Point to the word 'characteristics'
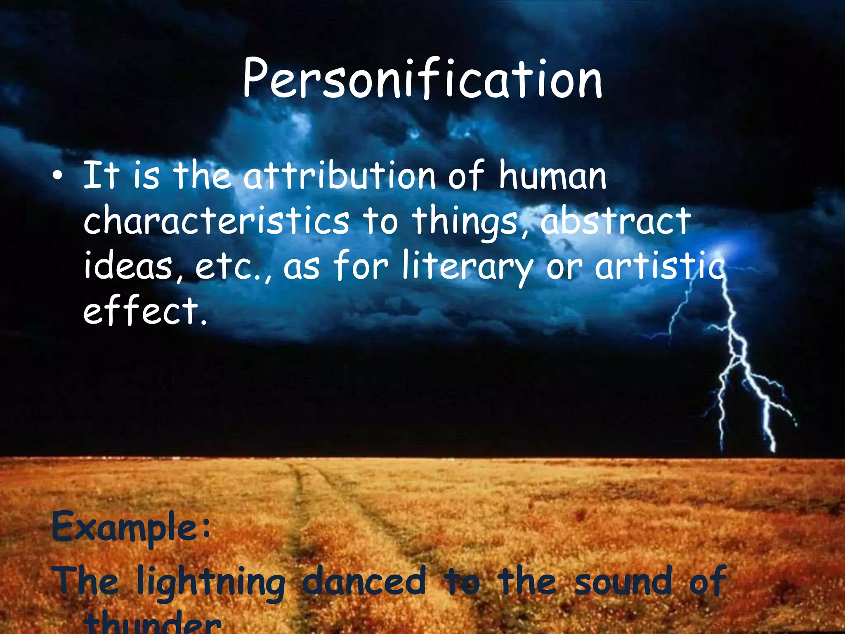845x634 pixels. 217,221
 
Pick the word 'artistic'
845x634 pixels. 659,266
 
